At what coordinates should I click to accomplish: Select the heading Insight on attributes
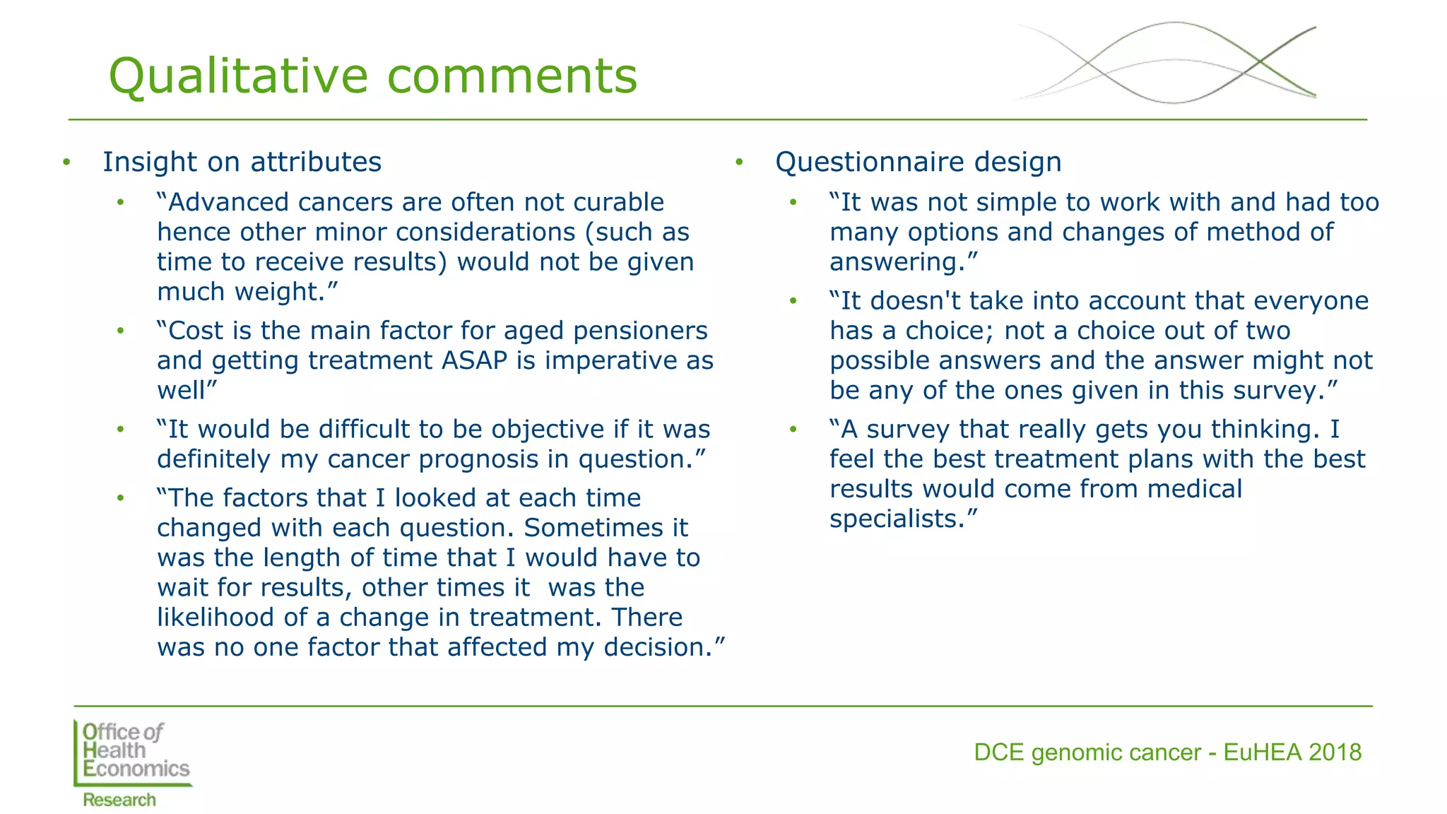[242, 162]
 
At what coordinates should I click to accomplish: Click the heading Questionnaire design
[918, 162]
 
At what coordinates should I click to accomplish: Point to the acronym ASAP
[474, 360]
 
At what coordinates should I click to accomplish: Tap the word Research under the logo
[119, 800]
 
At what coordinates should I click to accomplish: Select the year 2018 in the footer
[1335, 753]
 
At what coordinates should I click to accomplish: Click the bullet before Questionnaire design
[739, 163]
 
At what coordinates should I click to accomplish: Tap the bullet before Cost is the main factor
[121, 331]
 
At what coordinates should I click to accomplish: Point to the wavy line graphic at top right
[1166, 62]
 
